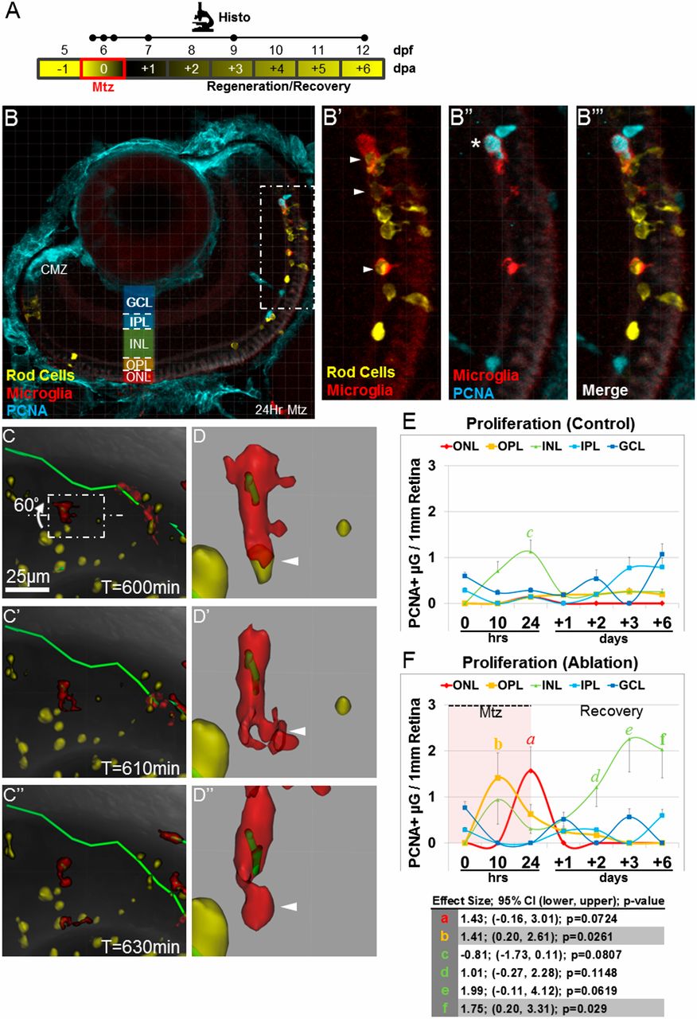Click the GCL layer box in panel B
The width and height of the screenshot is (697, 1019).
[139, 302]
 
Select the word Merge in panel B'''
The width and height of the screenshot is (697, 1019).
[605, 391]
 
